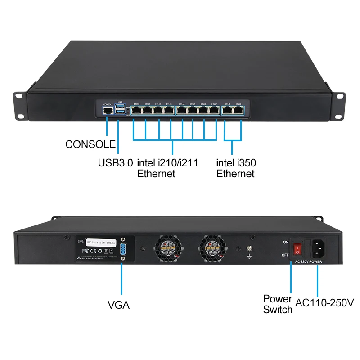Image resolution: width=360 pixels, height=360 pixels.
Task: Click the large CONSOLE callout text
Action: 90,144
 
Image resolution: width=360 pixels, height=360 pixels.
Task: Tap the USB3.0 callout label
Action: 115,162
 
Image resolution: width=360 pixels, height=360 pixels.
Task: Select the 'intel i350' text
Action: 236,162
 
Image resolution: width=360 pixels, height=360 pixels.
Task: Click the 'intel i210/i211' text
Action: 167,162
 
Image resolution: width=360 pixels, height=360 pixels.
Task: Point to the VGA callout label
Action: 119,305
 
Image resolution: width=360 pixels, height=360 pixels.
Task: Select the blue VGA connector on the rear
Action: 123,249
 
